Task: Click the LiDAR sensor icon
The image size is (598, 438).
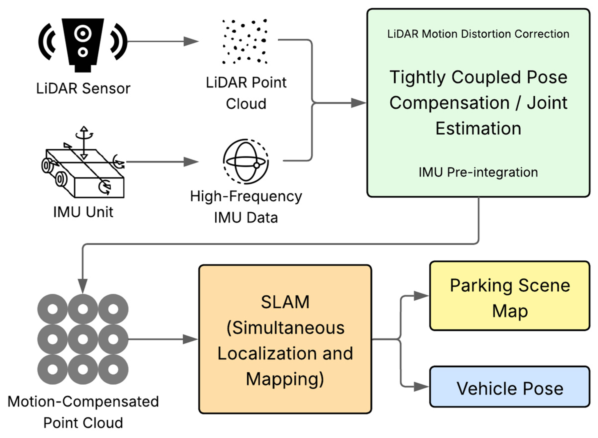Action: tap(83, 45)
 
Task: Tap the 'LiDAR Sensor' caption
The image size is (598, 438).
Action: tap(83, 88)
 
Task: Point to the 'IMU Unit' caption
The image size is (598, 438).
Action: tap(83, 212)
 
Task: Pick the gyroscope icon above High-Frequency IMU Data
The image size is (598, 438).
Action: tap(246, 161)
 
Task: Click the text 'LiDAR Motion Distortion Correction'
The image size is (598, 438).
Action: tap(478, 34)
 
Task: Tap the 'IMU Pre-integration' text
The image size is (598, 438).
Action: tap(478, 172)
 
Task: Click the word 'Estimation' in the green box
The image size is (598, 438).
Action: tap(478, 128)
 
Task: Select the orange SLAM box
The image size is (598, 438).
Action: tap(285, 339)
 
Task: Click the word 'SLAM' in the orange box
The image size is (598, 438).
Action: tap(285, 302)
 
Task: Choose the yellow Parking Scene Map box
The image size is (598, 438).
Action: tap(510, 296)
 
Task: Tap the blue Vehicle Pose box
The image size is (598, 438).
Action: tap(510, 387)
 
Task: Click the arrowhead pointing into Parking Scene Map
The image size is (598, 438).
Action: tap(421, 296)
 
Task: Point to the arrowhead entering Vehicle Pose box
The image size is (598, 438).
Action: tap(421, 387)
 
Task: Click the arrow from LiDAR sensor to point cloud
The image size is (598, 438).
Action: tap(163, 41)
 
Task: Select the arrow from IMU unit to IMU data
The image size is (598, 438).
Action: tap(162, 162)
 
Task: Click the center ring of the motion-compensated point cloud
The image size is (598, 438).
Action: tap(83, 339)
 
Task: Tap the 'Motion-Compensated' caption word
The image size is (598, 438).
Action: tap(83, 401)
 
